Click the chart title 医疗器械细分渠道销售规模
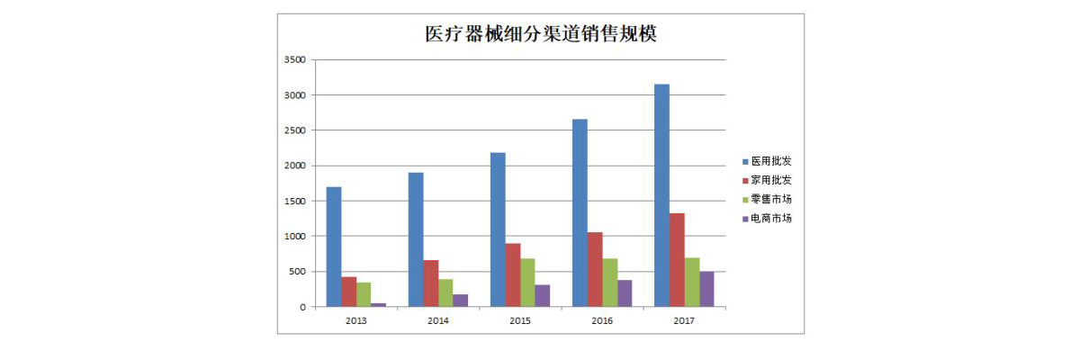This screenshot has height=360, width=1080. click(x=541, y=35)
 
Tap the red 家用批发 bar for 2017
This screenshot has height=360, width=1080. click(x=677, y=260)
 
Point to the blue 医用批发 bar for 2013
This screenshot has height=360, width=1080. click(x=334, y=247)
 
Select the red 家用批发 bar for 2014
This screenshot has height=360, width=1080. click(x=431, y=283)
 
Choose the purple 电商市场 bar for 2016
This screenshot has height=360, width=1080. click(x=625, y=293)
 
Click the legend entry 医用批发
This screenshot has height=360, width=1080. click(x=770, y=161)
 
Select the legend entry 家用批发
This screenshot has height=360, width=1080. click(x=770, y=180)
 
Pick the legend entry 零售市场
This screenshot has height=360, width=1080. click(x=770, y=199)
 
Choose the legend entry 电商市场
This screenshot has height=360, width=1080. click(x=770, y=218)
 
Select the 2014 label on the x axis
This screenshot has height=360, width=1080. click(x=438, y=319)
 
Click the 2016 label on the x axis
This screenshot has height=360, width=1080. click(x=602, y=319)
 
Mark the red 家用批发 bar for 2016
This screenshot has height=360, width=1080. click(x=595, y=269)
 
